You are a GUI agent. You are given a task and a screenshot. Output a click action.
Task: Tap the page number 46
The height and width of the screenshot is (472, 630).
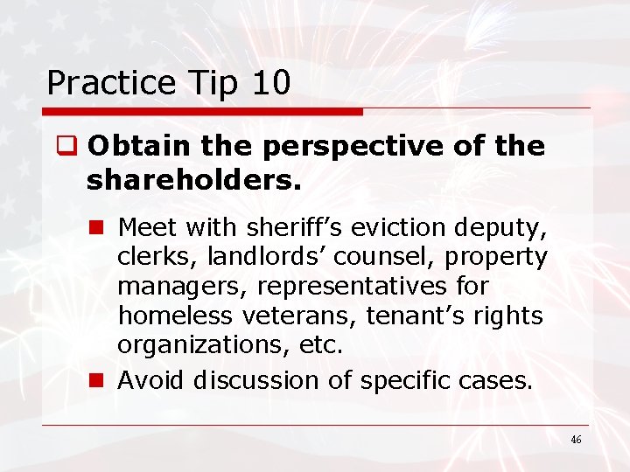tap(575, 440)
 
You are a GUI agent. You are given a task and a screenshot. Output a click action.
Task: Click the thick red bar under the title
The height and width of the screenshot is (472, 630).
tap(202, 112)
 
